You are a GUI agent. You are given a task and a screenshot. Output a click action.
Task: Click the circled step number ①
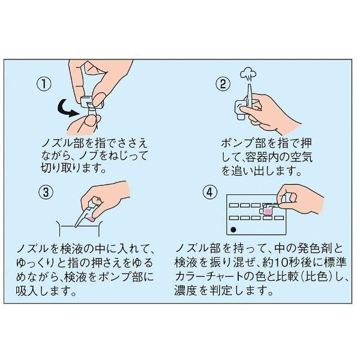pos(44,84)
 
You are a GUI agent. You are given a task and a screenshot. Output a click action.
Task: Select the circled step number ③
pos(44,193)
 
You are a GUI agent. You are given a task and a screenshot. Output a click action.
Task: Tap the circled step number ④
pos(209,193)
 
